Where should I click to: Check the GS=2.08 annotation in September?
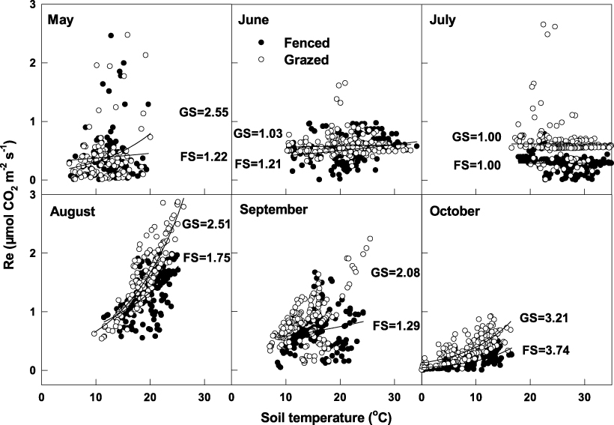(x=398, y=273)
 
